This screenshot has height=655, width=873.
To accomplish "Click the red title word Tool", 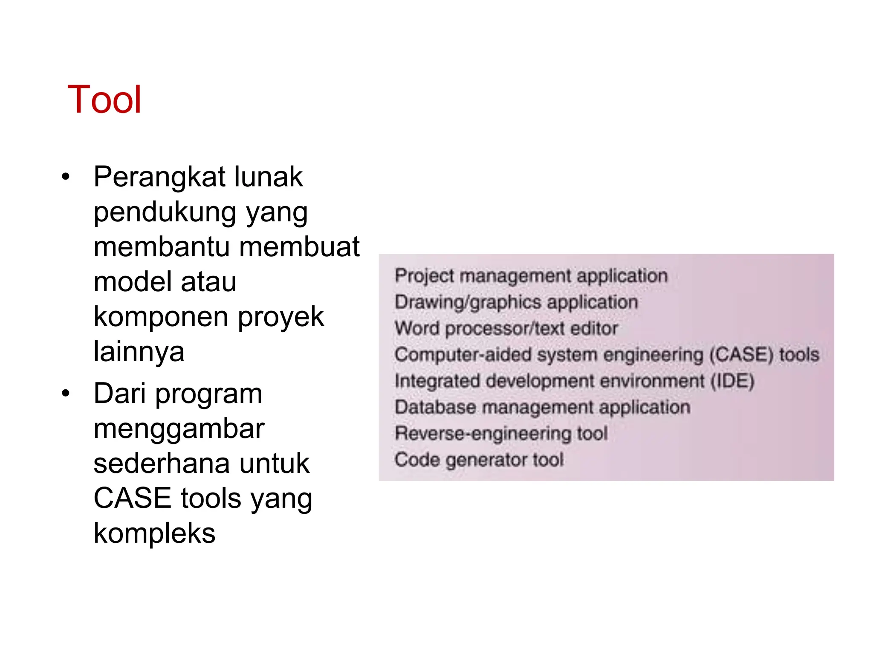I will (104, 100).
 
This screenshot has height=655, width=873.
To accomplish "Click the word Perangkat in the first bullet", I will (159, 177).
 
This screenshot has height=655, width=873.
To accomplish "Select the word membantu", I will (162, 247).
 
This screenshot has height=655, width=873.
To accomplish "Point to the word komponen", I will (161, 317).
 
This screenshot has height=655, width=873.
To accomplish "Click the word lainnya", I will (139, 352).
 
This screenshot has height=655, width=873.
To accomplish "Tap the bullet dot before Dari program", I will (65, 393).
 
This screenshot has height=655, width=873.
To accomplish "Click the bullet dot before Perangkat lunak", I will (65, 177).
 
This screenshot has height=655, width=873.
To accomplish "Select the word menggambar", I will (179, 429).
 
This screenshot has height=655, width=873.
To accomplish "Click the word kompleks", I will (154, 533).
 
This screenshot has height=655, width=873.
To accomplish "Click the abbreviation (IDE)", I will (732, 381).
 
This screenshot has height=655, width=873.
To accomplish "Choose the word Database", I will (435, 407).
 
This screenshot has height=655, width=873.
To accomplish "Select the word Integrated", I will (437, 381).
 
